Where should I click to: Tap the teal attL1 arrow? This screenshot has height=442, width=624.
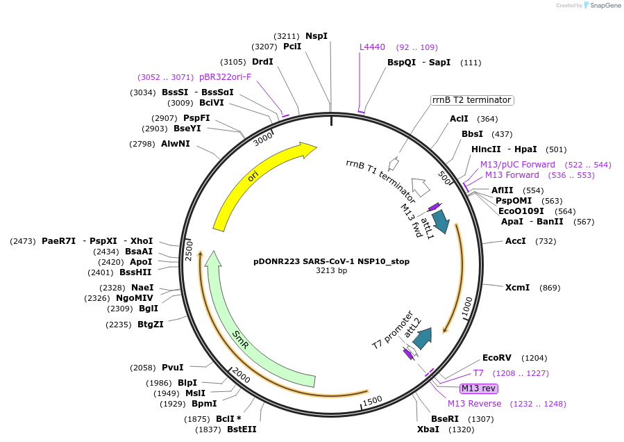440,223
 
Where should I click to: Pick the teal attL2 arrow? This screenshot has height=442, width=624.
421,336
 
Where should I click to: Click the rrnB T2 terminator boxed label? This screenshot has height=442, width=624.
471,100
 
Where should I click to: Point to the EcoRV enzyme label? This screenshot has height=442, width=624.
496,358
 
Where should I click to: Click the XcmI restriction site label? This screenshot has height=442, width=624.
516,288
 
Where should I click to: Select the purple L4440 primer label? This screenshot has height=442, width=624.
372,47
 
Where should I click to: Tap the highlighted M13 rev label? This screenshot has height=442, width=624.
479,388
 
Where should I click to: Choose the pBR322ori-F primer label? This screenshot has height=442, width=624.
225,76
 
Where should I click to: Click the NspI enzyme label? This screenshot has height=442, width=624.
317,35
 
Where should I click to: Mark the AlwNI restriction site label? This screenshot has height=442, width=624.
175,144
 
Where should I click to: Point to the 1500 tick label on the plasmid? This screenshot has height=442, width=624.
372,400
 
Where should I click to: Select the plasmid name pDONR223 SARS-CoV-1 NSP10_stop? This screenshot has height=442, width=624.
331,261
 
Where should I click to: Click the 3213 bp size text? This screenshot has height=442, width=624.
331,271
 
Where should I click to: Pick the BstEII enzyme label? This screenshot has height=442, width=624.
242,429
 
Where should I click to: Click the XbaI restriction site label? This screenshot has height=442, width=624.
428,429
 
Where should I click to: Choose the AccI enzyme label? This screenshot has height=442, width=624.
516,241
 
